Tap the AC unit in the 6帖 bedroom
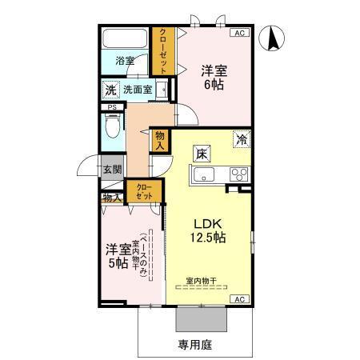238,33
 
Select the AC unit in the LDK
238,298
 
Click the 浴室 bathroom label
124,60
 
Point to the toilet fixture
114,126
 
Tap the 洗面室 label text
138,90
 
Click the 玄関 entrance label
112,169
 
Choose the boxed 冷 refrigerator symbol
242,139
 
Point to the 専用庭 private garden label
192,345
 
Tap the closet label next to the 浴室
163,48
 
